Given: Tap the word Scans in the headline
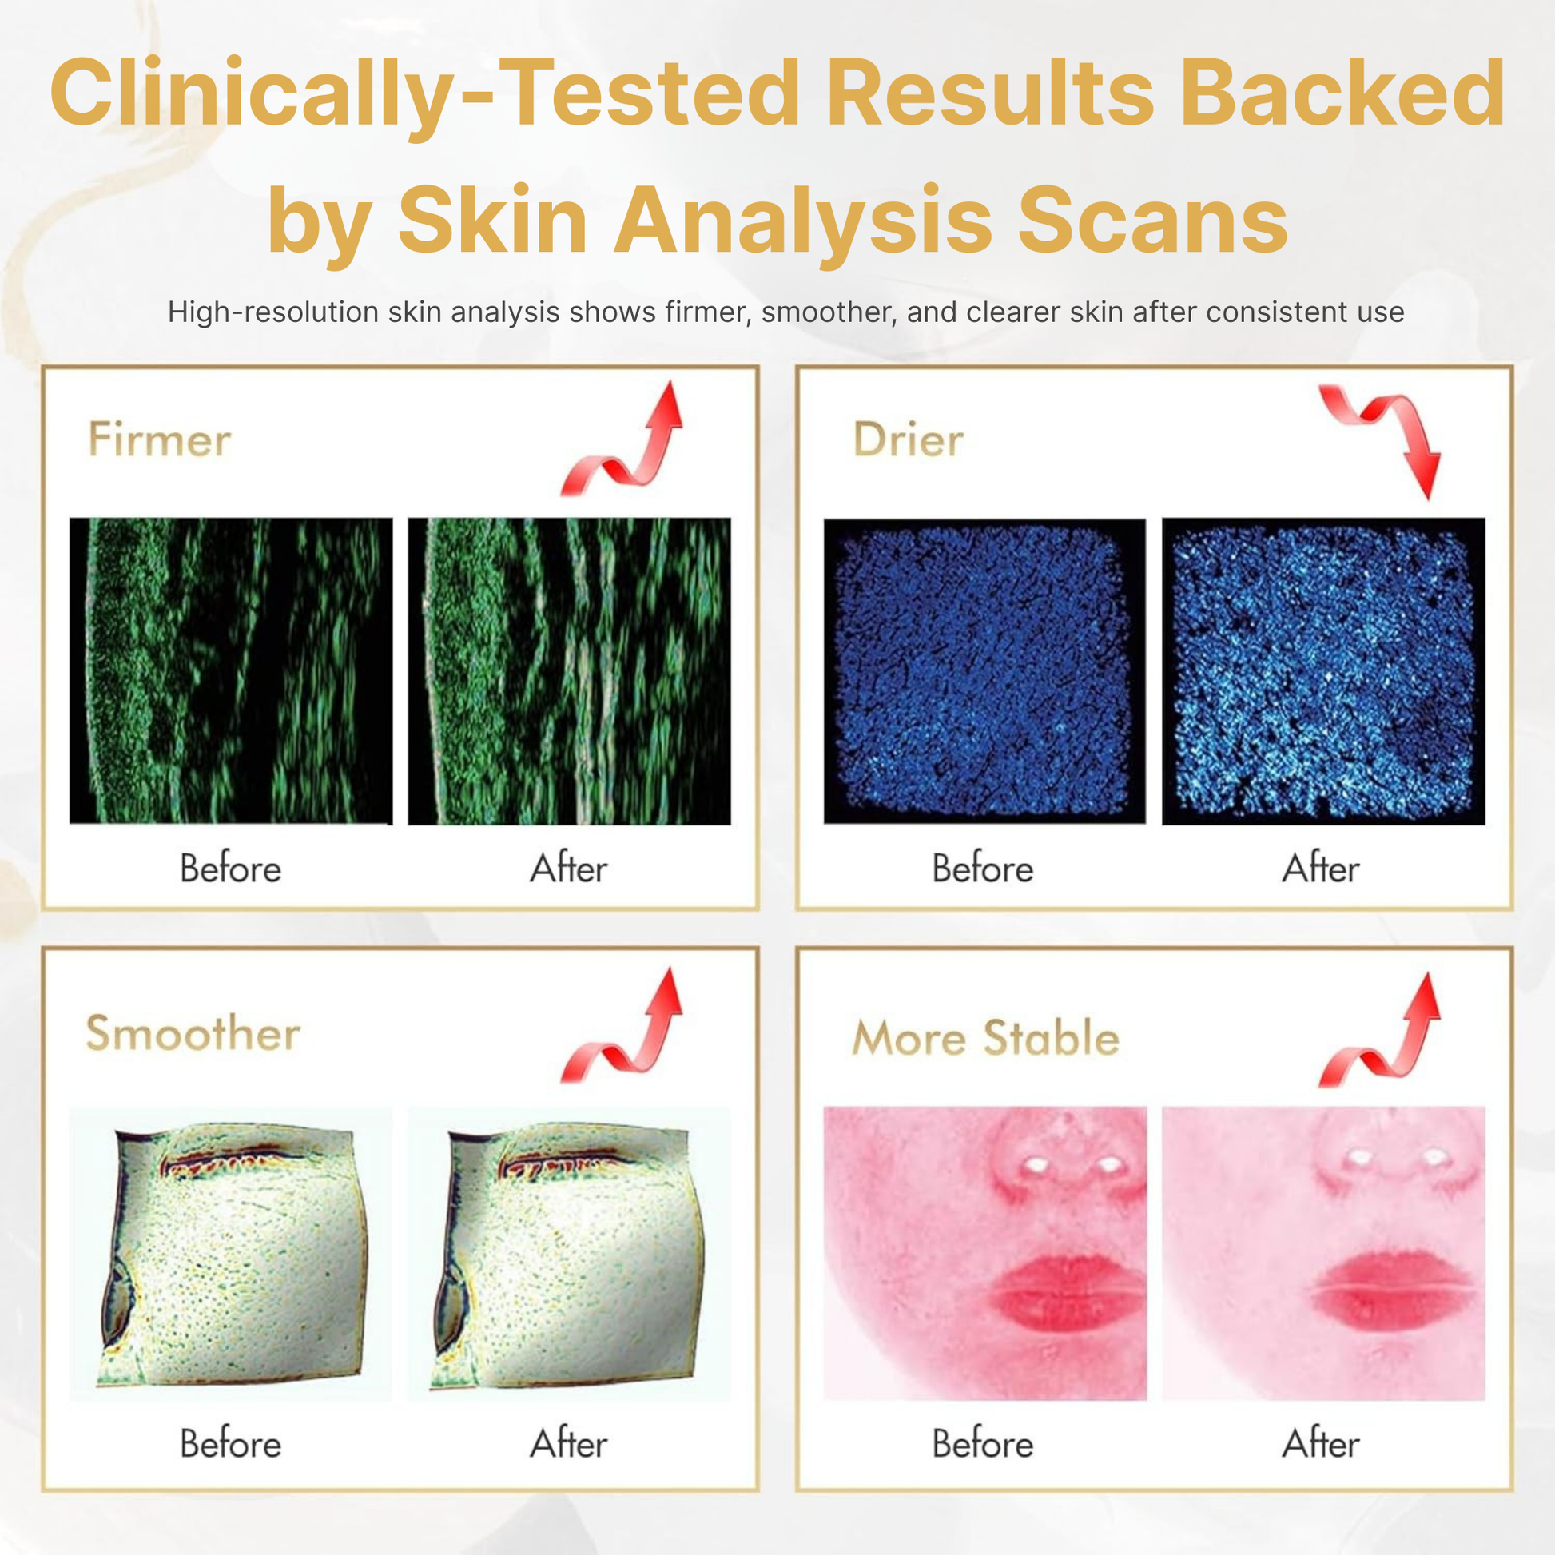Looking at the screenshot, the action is pyautogui.click(x=1152, y=220).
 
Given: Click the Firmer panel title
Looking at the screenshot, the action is pyautogui.click(x=159, y=439).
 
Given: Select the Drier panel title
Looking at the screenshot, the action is pyautogui.click(x=908, y=439).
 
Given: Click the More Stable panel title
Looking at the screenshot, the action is pyautogui.click(x=986, y=1037).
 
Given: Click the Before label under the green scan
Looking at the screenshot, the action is pyautogui.click(x=231, y=869).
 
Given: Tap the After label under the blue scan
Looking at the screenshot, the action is pyautogui.click(x=1321, y=869).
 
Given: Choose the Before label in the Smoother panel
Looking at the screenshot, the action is pyautogui.click(x=231, y=1443).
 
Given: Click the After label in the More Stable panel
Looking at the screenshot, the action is pyautogui.click(x=1321, y=1443).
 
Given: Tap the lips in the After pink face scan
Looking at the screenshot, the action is pyautogui.click(x=1397, y=1290).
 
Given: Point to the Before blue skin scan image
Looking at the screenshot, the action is pyautogui.click(x=984, y=671).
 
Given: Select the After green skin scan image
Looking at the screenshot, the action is pyautogui.click(x=569, y=671).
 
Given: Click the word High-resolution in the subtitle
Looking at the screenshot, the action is pyautogui.click(x=272, y=312).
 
